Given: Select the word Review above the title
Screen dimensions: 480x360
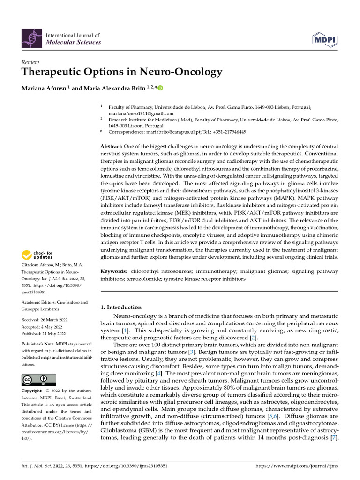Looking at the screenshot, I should pyautogui.click(x=30, y=62).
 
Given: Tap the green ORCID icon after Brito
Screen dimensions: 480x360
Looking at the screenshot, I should pyautogui.click(x=160, y=88).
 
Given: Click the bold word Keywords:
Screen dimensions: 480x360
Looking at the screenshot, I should pyautogui.click(x=114, y=271).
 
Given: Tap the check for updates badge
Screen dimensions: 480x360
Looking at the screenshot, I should pyautogui.click(x=37, y=255).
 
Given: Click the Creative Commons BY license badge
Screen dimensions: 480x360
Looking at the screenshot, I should pyautogui.click(x=38, y=380).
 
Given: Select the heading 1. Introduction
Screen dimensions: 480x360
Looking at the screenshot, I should pyautogui.click(x=121, y=307).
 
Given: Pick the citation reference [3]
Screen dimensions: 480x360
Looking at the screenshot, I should pyautogui.click(x=191, y=352).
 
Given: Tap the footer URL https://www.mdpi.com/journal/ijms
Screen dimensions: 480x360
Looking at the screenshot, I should pyautogui.click(x=296, y=466).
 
